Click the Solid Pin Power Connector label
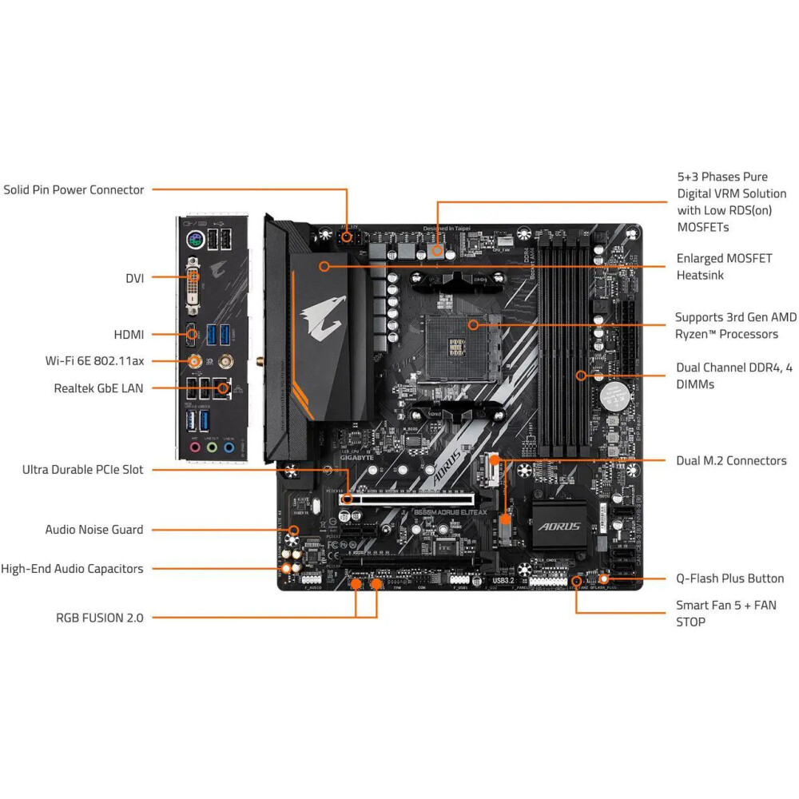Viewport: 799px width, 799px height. click(74, 190)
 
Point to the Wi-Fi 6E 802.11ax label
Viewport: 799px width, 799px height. click(94, 361)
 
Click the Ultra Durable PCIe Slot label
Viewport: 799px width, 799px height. click(83, 470)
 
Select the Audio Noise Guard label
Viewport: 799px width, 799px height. click(94, 530)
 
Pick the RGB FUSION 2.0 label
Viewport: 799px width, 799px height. click(100, 618)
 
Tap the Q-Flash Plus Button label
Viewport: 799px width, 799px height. click(729, 578)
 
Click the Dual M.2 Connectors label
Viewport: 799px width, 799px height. click(731, 461)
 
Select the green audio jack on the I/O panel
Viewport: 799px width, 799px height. click(212, 447)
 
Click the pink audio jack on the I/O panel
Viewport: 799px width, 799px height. click(194, 447)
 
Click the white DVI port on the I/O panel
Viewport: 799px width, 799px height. click(193, 287)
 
